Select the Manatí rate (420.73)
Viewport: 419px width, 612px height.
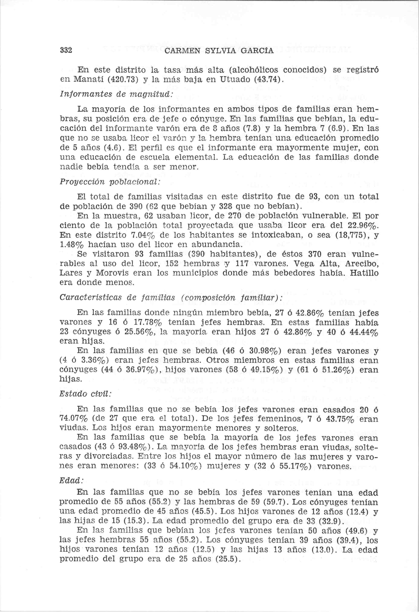[124, 79]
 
